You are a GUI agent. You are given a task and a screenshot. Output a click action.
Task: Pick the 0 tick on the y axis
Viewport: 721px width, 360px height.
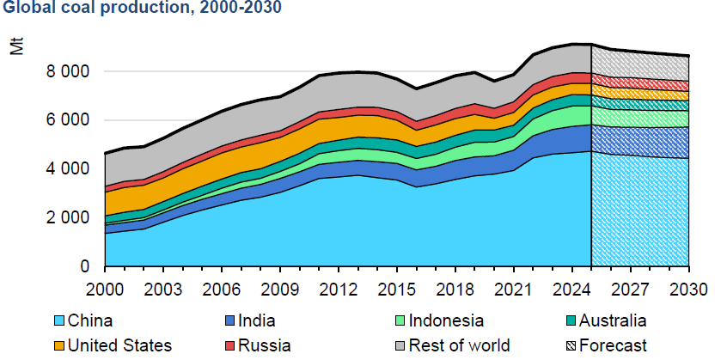click(x=84, y=267)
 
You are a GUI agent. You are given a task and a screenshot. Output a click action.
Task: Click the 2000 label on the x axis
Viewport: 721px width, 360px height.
click(x=103, y=286)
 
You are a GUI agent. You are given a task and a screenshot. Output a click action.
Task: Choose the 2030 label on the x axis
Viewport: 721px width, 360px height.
click(x=689, y=286)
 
